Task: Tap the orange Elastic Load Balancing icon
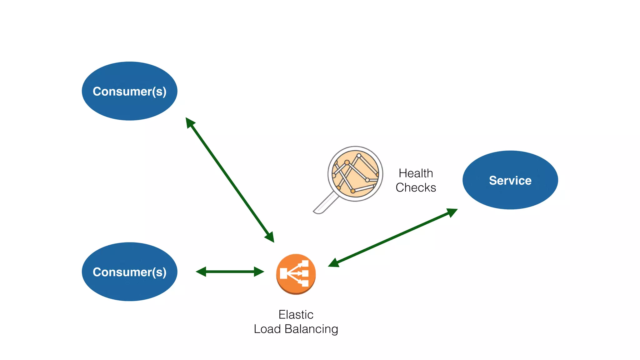296,274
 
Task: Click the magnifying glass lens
355,173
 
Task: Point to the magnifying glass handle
325,204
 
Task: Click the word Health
416,173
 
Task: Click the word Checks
416,187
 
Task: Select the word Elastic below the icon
296,314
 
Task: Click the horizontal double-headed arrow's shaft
230,272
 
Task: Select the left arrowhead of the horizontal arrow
201,272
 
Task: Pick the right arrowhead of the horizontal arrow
259,272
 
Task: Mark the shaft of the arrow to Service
393,238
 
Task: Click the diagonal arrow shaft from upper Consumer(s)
230,180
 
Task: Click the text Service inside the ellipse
510,180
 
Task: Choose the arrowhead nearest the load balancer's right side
334,263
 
